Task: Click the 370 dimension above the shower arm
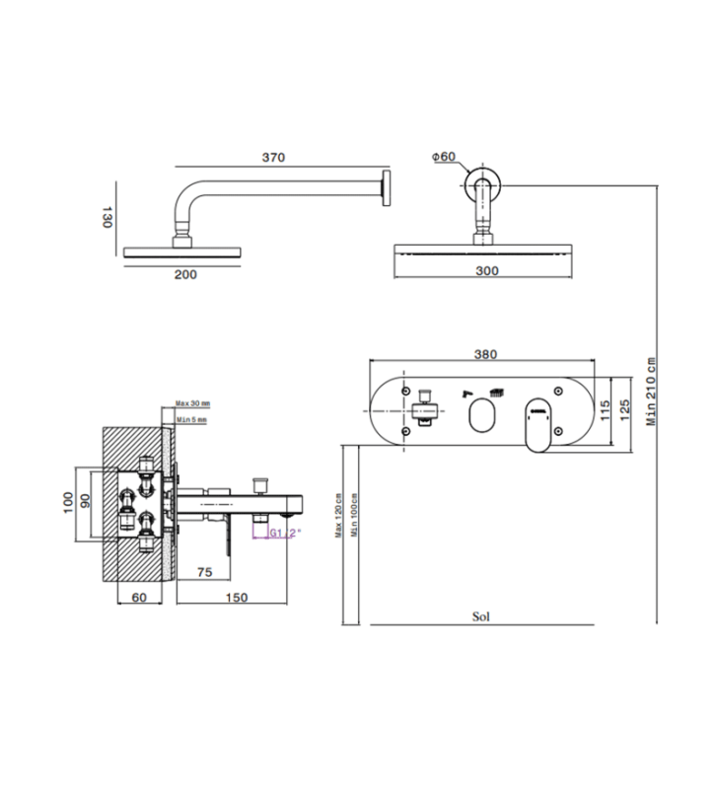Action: [273, 158]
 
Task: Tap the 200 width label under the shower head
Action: [185, 274]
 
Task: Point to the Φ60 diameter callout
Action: [444, 157]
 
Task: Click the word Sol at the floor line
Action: [481, 617]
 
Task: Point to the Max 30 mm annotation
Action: [193, 403]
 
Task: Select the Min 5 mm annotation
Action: [191, 420]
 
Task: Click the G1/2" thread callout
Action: [286, 534]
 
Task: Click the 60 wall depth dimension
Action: [138, 598]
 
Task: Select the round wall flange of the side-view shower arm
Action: [388, 188]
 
